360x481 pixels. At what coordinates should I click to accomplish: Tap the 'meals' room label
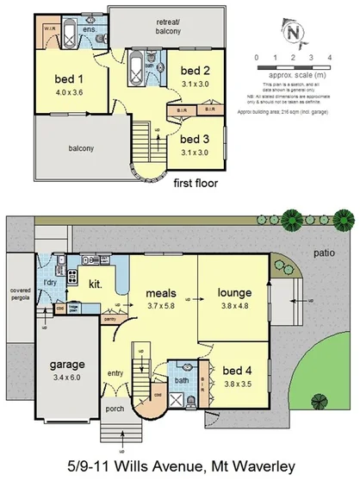[161, 292]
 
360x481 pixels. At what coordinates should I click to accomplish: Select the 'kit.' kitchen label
[96, 282]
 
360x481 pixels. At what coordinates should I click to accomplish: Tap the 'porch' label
[114, 409]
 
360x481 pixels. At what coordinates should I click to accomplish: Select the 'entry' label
[115, 372]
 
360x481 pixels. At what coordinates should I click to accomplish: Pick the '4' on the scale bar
[330, 56]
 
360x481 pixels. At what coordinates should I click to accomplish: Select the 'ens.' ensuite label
[89, 29]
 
